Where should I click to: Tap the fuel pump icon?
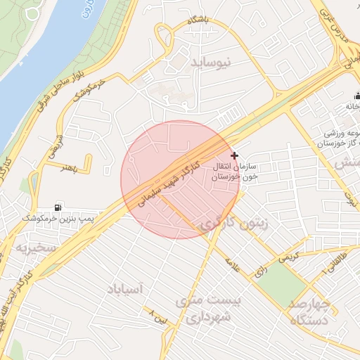(x=58, y=207)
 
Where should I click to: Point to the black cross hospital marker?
(x=234, y=155)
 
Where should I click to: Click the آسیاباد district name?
(x=125, y=288)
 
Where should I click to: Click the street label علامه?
(x=232, y=266)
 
